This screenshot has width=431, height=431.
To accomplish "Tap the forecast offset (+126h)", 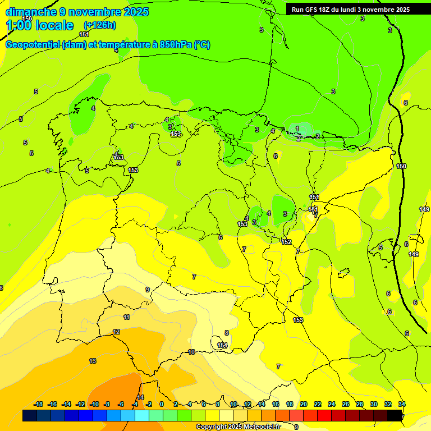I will coord(100,25).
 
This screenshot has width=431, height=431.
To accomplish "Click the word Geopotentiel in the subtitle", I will coord(33,45).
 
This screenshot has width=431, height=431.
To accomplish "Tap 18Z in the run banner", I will coord(326,10).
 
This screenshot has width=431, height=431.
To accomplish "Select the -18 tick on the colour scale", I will coord(38,404).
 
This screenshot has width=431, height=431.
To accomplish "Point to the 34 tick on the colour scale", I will coord(402,404).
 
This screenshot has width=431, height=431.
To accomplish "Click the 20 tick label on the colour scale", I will coord(304,404).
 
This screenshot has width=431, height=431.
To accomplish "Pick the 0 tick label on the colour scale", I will coord(162,404).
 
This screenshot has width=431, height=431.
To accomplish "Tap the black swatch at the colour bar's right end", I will coord(395,415).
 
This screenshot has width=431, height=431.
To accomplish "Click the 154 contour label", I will coord(222,345).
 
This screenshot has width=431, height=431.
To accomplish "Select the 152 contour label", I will coord(286,242).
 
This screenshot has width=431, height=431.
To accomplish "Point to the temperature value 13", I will coord(93,361).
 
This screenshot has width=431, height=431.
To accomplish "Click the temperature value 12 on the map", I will coord(116,332).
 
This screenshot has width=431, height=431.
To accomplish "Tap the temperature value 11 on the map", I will coord(127,317).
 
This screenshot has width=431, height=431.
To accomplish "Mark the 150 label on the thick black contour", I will coord(401,166).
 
